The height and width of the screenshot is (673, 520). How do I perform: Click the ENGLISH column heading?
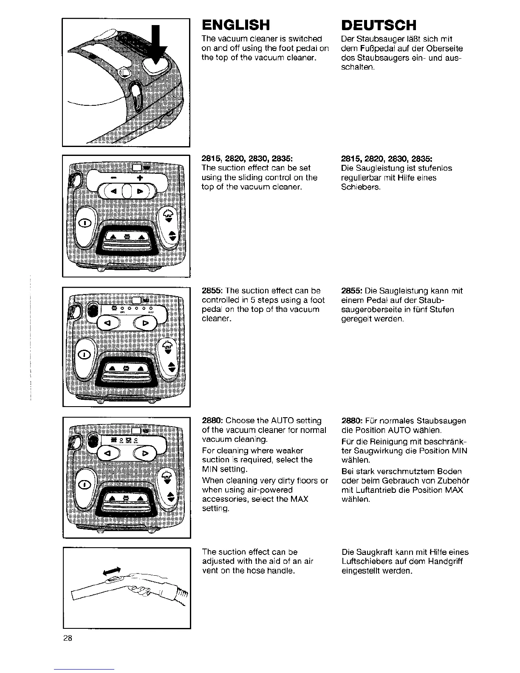tap(236, 25)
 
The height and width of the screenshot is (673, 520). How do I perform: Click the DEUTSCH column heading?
tap(379, 25)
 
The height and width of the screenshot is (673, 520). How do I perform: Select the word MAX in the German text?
tap(455, 490)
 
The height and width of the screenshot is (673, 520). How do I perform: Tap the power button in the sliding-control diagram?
tap(86, 223)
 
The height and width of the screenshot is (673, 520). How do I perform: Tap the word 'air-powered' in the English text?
tap(271, 490)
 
